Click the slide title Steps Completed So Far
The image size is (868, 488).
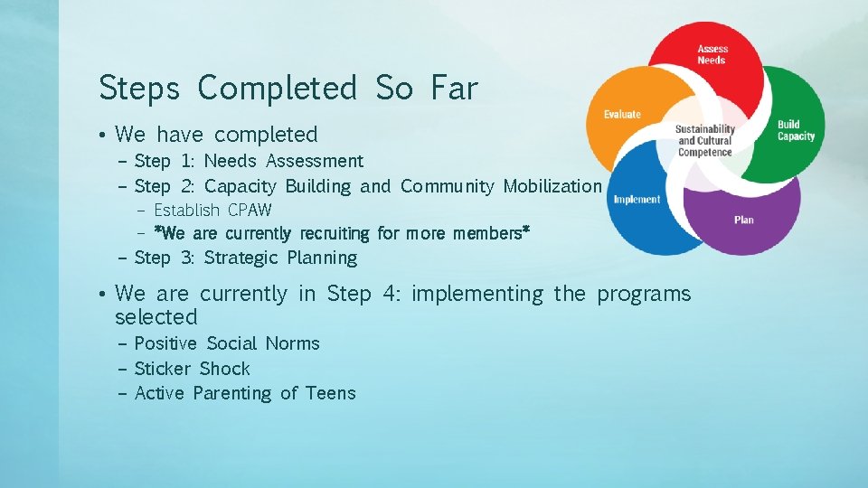point(288,89)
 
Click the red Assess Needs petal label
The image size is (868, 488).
point(712,54)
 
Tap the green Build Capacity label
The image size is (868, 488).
point(796,131)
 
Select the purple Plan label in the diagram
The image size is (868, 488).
point(744,220)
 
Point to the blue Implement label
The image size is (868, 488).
point(637,200)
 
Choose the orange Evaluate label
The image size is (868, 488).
point(622,114)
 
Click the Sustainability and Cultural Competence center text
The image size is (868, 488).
point(705,141)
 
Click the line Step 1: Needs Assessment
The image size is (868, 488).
point(249,161)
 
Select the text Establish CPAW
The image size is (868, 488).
point(212,211)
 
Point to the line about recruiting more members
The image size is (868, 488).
point(342,234)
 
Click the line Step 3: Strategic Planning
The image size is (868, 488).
point(245,258)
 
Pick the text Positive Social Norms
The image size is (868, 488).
point(226,343)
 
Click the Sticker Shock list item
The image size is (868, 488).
point(192,369)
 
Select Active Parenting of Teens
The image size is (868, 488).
point(244,393)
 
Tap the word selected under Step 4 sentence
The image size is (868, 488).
point(156,317)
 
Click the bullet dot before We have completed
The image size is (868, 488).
point(105,136)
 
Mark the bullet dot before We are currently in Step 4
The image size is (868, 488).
point(105,295)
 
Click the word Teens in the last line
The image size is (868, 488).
point(330,393)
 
